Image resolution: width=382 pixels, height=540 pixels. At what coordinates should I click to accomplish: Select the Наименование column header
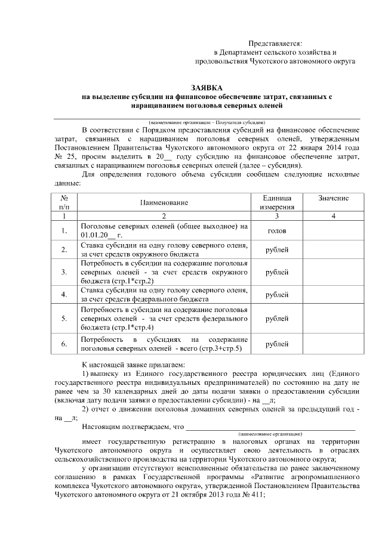tap(164, 202)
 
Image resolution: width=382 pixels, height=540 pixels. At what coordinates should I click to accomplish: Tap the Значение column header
tap(334, 198)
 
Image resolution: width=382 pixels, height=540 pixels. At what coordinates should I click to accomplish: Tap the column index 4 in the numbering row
tap(334, 215)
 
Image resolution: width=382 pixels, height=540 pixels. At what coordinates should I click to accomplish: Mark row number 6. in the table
tap(64, 344)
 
